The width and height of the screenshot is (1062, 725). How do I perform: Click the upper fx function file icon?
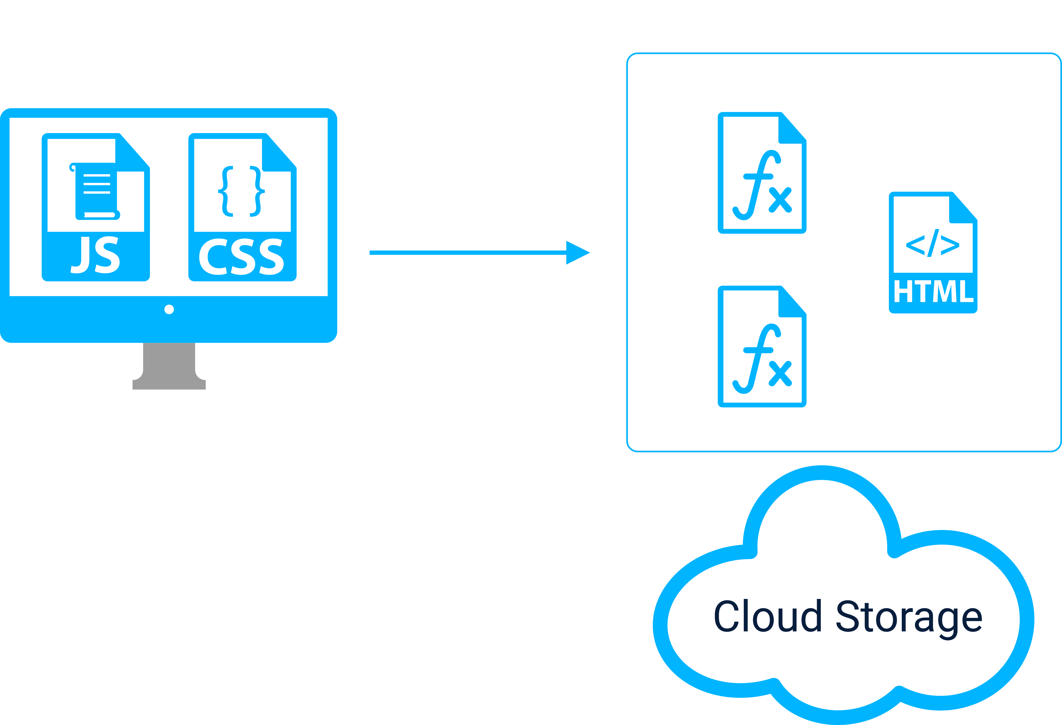762,173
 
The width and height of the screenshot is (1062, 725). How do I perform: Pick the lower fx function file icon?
762,346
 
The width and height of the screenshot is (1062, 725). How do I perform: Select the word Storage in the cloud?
909,618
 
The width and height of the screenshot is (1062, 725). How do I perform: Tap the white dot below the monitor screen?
169,309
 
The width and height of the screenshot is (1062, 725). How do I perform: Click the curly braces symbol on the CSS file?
241,191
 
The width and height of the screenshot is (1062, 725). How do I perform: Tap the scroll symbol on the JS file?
95,191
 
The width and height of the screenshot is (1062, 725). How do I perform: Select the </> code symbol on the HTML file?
933,243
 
